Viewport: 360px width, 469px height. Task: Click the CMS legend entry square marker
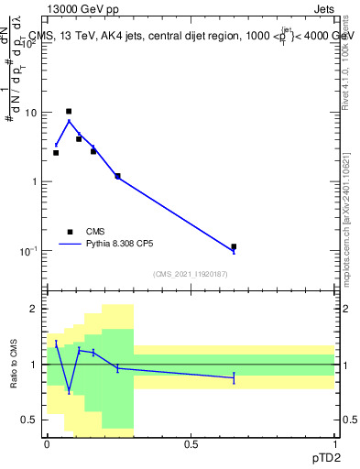tap(70, 232)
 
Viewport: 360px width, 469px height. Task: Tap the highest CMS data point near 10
tap(69, 111)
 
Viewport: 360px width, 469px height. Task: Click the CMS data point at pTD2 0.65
tap(234, 246)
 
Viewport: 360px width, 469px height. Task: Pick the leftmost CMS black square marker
tap(56, 153)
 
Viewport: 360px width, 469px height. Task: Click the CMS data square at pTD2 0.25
tap(117, 176)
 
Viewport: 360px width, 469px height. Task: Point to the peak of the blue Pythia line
tap(69, 121)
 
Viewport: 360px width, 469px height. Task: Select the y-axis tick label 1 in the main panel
tap(37, 181)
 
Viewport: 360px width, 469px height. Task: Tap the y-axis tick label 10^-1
tap(29, 250)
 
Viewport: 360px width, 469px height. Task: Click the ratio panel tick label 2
tap(37, 310)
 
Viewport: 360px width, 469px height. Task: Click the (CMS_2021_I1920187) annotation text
tap(191, 274)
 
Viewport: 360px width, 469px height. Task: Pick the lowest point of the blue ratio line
tap(69, 391)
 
